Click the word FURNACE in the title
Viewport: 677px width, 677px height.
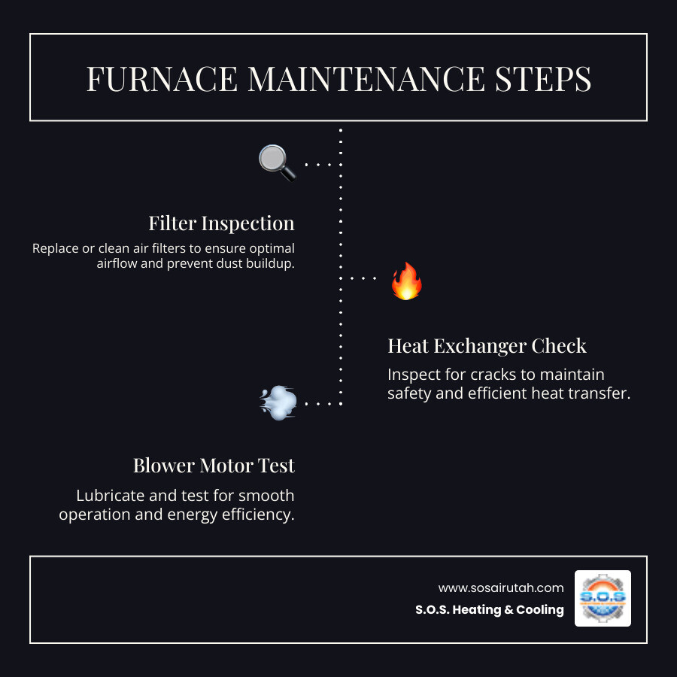(x=162, y=79)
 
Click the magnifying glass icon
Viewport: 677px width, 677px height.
(x=277, y=162)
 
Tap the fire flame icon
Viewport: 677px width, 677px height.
(x=406, y=281)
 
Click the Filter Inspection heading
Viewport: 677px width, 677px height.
(x=221, y=223)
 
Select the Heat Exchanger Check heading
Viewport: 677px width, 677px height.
(x=487, y=345)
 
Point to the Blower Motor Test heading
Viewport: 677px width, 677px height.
(x=214, y=466)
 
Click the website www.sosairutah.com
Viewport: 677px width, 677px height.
(x=501, y=587)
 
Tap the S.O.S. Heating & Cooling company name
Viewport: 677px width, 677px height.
(x=489, y=610)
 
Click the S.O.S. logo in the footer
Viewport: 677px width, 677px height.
(x=603, y=598)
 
